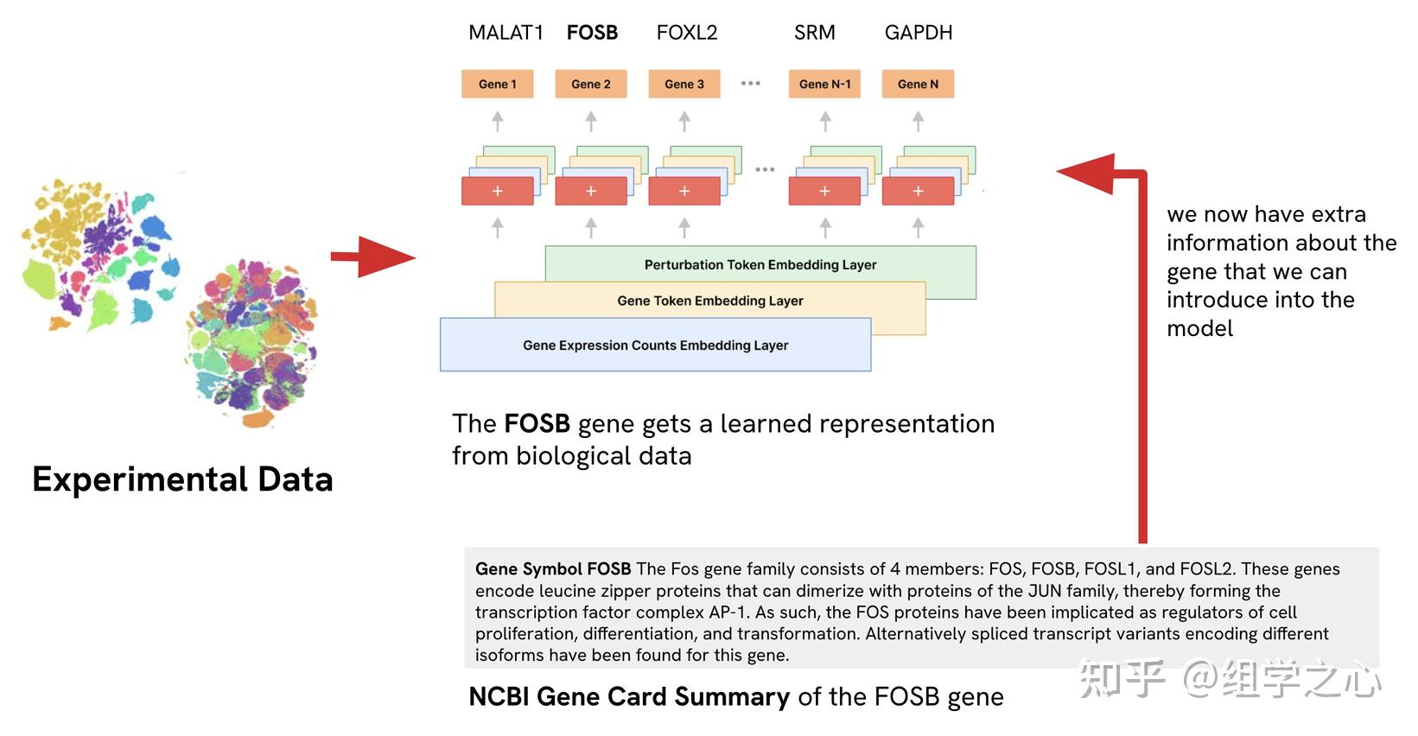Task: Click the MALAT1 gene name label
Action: point(506,33)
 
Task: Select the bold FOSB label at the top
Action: point(592,33)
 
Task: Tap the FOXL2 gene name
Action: point(687,33)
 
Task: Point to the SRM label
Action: point(814,33)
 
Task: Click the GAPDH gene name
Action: point(918,33)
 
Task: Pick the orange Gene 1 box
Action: point(497,84)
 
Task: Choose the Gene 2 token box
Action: point(591,84)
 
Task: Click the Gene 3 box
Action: point(684,84)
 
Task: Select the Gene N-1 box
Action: point(824,84)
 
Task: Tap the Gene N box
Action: point(918,84)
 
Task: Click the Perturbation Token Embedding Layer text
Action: point(760,265)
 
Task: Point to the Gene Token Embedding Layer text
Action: point(710,301)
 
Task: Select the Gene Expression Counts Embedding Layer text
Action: point(655,346)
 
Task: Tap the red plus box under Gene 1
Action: point(498,191)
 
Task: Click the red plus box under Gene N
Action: point(918,191)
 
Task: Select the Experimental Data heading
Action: point(182,479)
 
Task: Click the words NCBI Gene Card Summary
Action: point(628,697)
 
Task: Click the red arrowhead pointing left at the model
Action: point(1089,173)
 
